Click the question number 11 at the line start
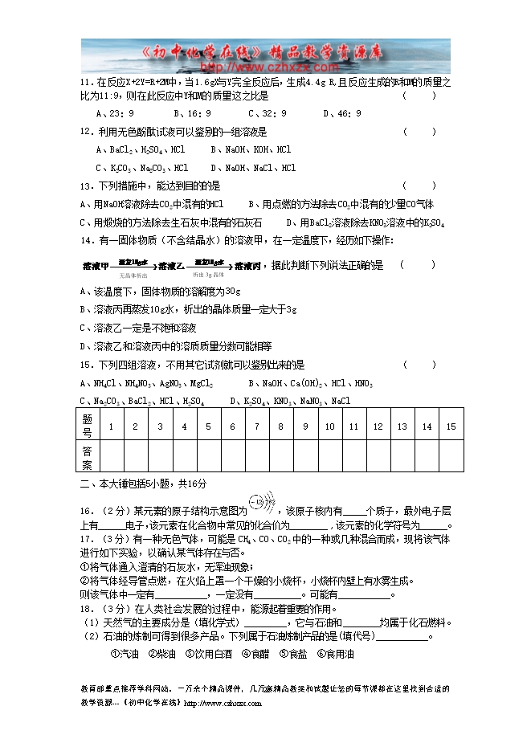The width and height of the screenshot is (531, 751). tap(85, 83)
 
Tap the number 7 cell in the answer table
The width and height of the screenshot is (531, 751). tap(257, 427)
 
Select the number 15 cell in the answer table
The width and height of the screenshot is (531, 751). tap(451, 427)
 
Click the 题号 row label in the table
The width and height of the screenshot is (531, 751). tap(88, 427)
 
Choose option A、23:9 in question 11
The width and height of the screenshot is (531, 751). tap(114, 113)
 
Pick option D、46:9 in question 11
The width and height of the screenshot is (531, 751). tap(342, 113)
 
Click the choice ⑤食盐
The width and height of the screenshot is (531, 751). tap(293, 654)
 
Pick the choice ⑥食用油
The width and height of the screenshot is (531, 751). tap(335, 654)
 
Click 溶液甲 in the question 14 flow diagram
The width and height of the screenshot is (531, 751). tap(96, 265)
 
